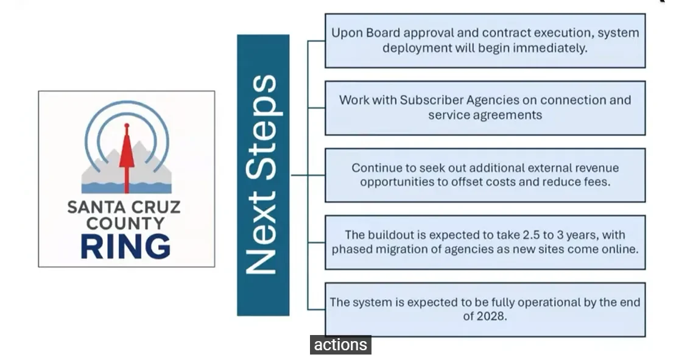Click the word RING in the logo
tap(126, 246)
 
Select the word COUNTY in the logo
tap(126, 224)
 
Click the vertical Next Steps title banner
tap(263, 175)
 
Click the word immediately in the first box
tap(555, 48)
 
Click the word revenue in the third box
tap(593, 168)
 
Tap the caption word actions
tap(340, 345)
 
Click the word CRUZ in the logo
tap(157, 208)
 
